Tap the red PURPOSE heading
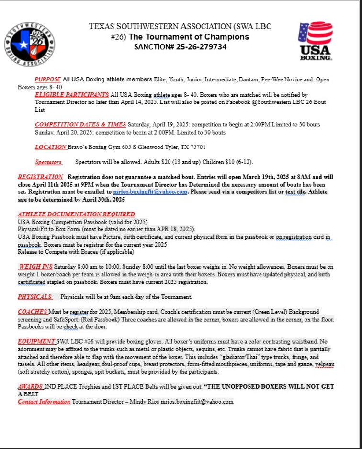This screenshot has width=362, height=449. (x=47, y=79)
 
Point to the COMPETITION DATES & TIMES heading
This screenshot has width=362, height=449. (x=80, y=124)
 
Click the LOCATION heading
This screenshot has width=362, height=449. (x=50, y=147)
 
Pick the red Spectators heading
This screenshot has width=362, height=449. (x=48, y=162)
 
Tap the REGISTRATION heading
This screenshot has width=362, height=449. (x=40, y=177)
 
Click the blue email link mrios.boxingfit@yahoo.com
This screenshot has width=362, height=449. (x=150, y=192)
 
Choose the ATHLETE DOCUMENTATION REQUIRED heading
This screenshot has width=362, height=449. (x=76, y=214)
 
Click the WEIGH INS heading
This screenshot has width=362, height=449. (x=35, y=266)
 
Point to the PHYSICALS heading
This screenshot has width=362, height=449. (x=34, y=297)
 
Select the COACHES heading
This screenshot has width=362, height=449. (x=32, y=312)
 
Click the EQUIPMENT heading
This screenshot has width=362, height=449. (x=36, y=341)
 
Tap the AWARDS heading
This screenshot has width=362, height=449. (x=30, y=386)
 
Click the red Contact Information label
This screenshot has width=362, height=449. (x=44, y=402)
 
